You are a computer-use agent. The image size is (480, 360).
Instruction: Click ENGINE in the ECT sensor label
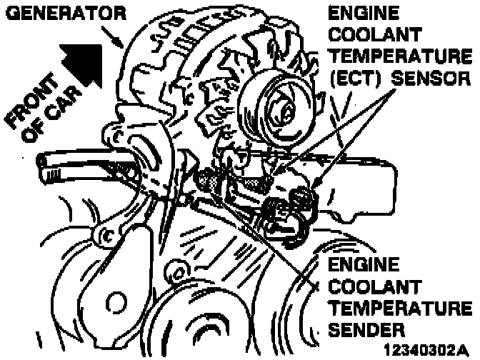point(362,13)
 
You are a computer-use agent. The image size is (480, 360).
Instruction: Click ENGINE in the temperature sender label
point(363,264)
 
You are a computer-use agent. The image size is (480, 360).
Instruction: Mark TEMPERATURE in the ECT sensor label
point(399,56)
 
